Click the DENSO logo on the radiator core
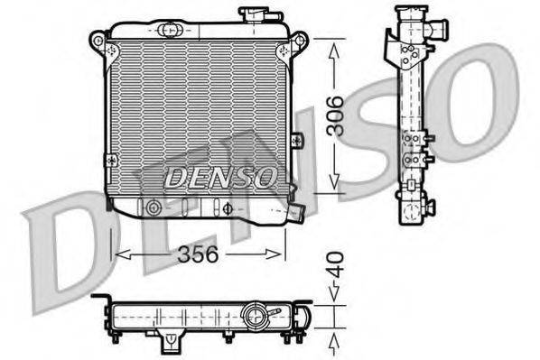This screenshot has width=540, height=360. click(x=219, y=178)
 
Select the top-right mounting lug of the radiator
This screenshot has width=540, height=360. click(x=301, y=42)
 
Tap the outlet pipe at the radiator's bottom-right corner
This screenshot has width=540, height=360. click(x=294, y=213)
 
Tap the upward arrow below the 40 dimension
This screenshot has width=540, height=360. click(x=335, y=340)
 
